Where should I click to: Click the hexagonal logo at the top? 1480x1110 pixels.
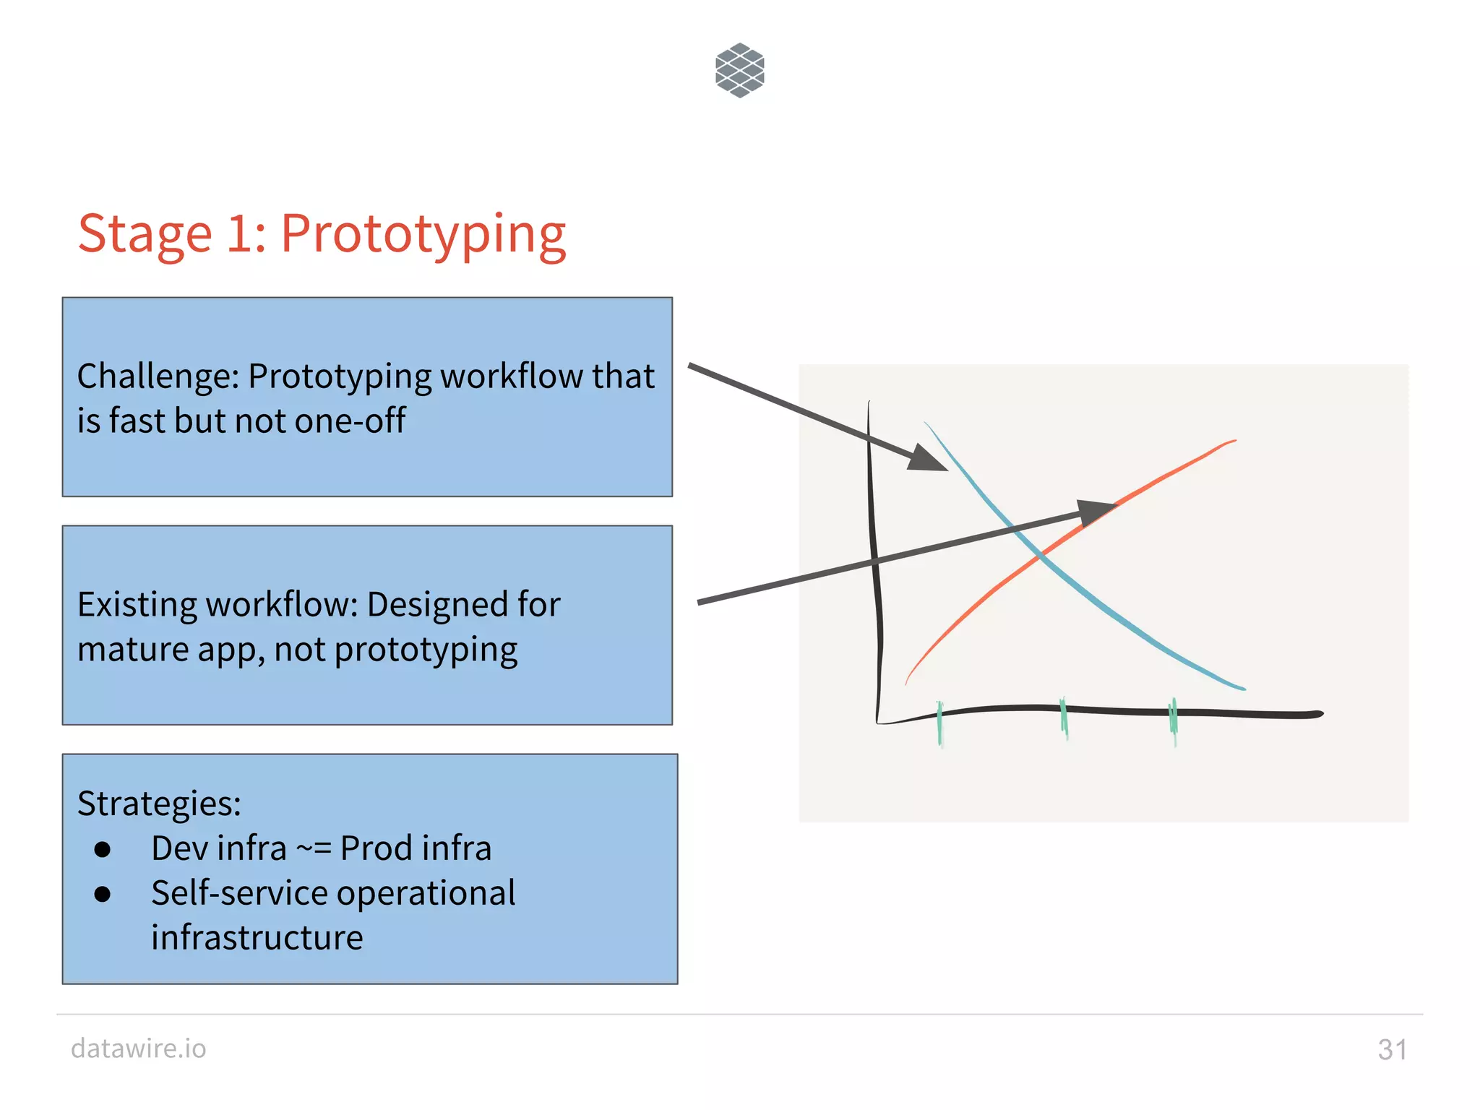pyautogui.click(x=739, y=70)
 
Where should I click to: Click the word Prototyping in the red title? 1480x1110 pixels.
pyautogui.click(x=423, y=235)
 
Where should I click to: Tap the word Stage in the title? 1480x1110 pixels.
pyautogui.click(x=145, y=235)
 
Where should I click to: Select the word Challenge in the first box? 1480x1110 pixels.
pyautogui.click(x=158, y=377)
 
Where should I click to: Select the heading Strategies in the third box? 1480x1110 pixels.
pyautogui.click(x=159, y=804)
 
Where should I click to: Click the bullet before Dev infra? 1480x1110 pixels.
pyautogui.click(x=103, y=849)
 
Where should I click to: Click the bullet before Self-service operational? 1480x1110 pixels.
pyautogui.click(x=103, y=894)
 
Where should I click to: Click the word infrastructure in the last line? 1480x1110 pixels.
pyautogui.click(x=257, y=938)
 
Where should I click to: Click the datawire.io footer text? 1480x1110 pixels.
pyautogui.click(x=138, y=1049)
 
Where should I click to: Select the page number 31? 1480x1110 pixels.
pyautogui.click(x=1392, y=1050)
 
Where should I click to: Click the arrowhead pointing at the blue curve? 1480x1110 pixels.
pyautogui.click(x=927, y=459)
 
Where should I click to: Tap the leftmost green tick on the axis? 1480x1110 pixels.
pyautogui.click(x=939, y=723)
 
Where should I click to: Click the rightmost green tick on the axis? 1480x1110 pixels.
pyautogui.click(x=1173, y=720)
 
